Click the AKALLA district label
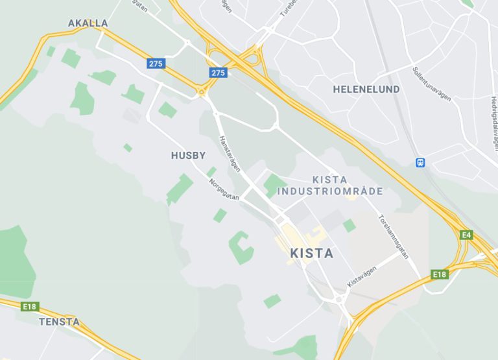coord(88,23)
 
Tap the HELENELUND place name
coord(366,90)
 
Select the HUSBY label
coord(188,156)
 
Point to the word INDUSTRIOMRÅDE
coord(330,191)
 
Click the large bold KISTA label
coord(312,253)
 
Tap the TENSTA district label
coord(59,322)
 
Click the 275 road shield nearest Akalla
coord(156,64)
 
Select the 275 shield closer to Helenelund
coord(219,73)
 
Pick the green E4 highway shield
coord(466,235)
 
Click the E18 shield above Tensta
coord(29,306)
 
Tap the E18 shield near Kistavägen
coord(440,274)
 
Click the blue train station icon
coord(421,162)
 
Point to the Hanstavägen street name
coord(230,154)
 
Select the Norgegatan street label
coord(224,191)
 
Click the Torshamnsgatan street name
coord(394,237)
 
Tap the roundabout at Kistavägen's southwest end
coord(338,300)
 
